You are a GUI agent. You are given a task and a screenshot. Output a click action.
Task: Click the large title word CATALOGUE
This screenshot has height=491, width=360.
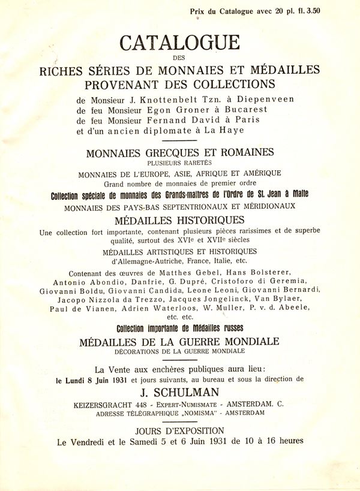(179, 43)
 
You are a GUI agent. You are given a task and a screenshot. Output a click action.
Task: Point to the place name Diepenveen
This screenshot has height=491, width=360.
(268, 100)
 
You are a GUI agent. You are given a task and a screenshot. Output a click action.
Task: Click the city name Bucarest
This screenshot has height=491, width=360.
(245, 110)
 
